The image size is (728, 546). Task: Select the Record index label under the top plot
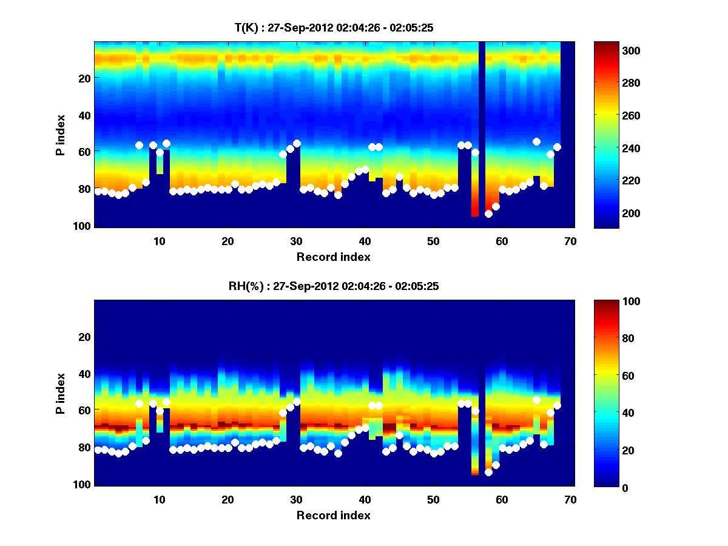point(334,257)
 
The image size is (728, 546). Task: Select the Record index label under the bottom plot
point(334,515)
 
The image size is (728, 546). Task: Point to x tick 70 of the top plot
point(570,241)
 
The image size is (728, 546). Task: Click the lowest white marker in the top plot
point(489,214)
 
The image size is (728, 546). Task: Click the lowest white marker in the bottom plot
point(489,473)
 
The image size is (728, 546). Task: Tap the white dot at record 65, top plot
point(537,141)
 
